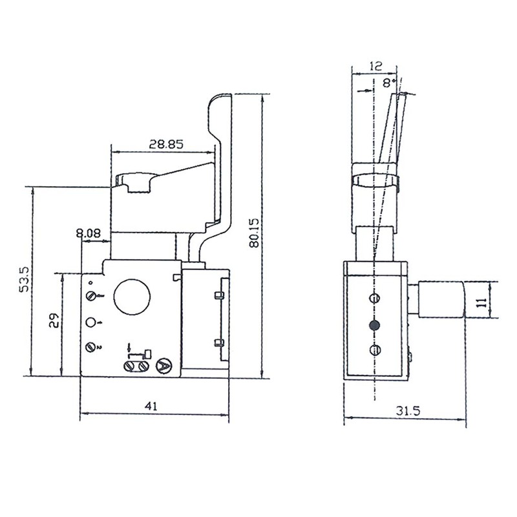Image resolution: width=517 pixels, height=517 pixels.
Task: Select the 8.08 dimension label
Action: pos(88,233)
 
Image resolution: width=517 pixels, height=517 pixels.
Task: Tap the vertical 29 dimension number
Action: pos(55,321)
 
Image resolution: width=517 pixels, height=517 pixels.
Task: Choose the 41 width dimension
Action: pos(151,406)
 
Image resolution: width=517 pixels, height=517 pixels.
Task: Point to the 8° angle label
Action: pos(388,83)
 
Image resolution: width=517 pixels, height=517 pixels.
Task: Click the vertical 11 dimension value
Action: pos(481,302)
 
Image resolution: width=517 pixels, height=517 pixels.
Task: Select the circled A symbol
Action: pos(163,367)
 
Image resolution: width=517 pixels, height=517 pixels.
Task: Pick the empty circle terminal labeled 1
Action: pos(91,322)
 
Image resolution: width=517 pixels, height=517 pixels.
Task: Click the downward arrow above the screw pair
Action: pos(130,348)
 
